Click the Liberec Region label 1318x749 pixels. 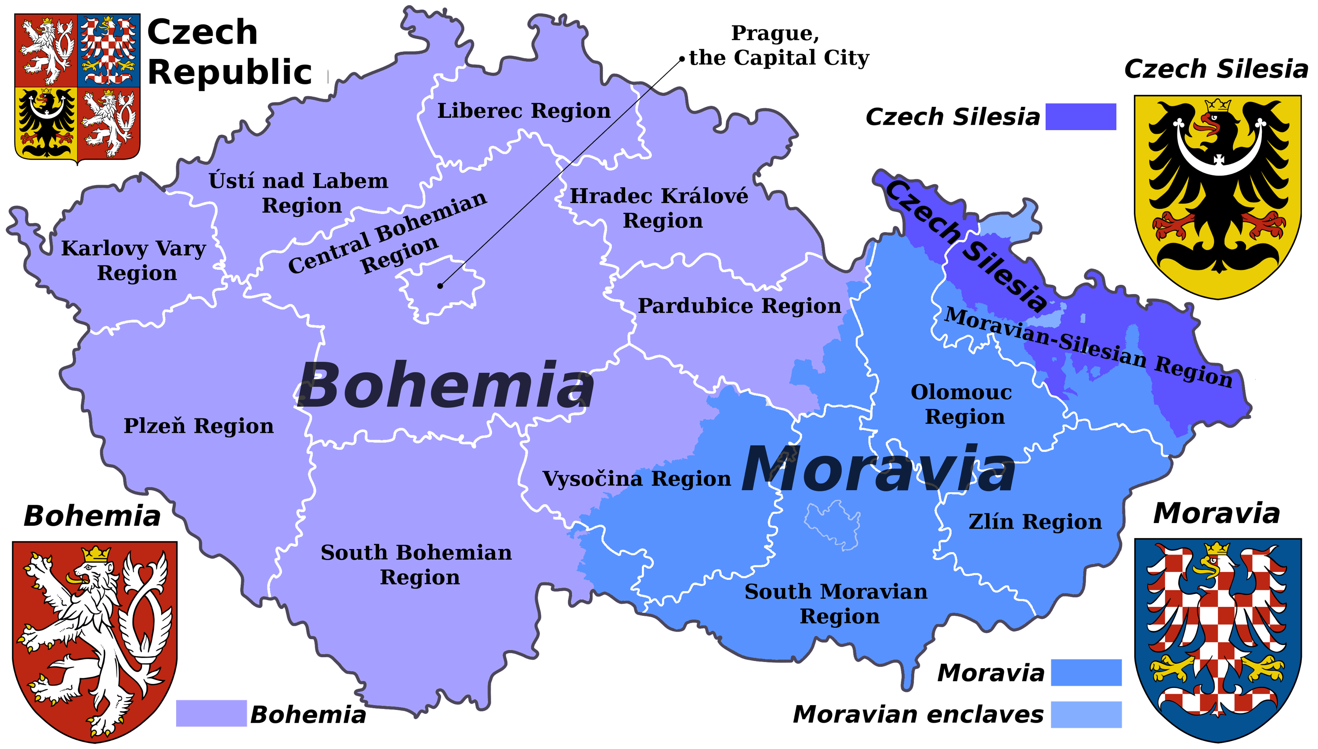[524, 111]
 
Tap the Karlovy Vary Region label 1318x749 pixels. [134, 260]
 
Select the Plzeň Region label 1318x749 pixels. [199, 426]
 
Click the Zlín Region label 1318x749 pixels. [1035, 522]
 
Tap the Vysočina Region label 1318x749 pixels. [637, 479]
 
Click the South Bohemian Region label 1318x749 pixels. [416, 565]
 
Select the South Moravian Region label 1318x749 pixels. [836, 604]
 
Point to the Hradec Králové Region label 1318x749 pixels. [659, 208]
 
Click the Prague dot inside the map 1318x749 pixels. [440, 286]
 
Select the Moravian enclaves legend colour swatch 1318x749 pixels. [1086, 715]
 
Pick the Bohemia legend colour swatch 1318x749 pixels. [211, 713]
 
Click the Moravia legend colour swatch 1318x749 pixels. [1086, 673]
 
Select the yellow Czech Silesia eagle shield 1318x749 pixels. [1217, 196]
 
